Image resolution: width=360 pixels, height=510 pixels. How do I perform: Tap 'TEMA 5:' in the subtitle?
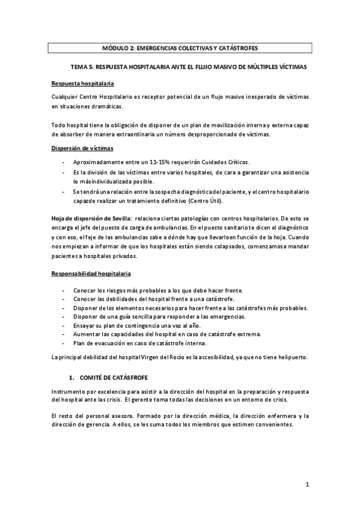pyautogui.click(x=84, y=67)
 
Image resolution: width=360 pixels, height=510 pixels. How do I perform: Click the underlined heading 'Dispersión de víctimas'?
pyautogui.click(x=79, y=149)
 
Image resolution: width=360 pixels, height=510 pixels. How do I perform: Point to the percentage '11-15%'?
pyautogui.click(x=162, y=163)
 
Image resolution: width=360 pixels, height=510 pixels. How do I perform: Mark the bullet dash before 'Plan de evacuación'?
pyautogui.click(x=64, y=343)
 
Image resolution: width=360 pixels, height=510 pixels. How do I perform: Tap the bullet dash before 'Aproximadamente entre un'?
pyautogui.click(x=64, y=163)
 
